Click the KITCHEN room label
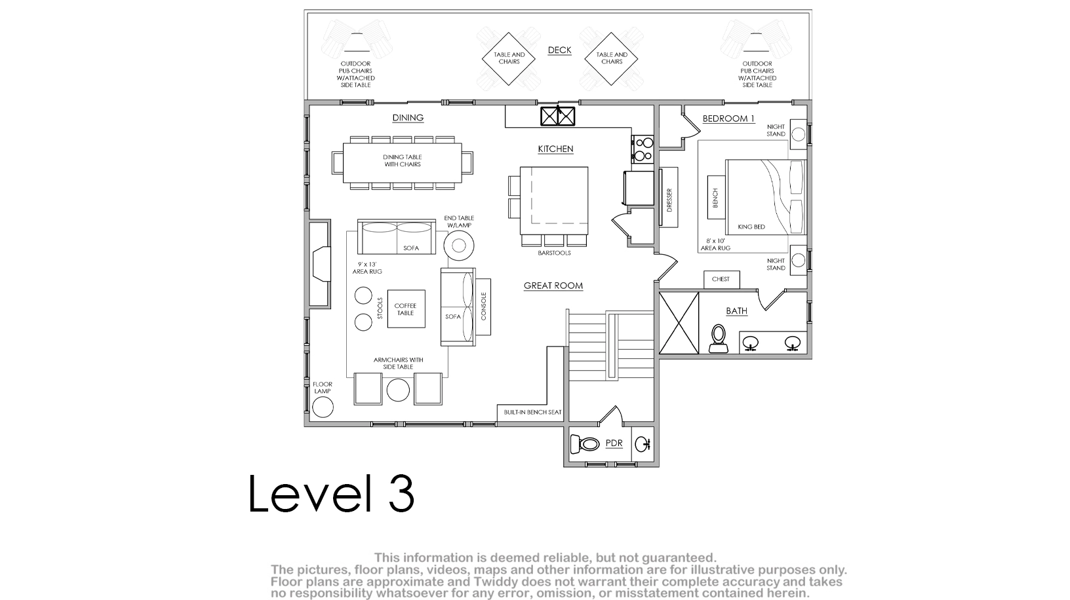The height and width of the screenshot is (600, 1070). pyautogui.click(x=555, y=149)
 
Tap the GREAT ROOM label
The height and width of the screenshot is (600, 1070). pyautogui.click(x=553, y=286)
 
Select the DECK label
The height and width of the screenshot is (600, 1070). pyautogui.click(x=559, y=50)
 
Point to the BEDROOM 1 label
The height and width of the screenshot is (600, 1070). pyautogui.click(x=728, y=119)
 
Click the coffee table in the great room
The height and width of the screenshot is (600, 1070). pyautogui.click(x=406, y=309)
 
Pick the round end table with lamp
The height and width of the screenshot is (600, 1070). pyautogui.click(x=458, y=246)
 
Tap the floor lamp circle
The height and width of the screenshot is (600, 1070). pyautogui.click(x=323, y=407)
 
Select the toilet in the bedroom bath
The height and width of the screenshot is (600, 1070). pyautogui.click(x=718, y=339)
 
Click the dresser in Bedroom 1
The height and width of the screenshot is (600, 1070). pyautogui.click(x=669, y=197)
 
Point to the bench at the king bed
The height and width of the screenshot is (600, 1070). pyautogui.click(x=715, y=197)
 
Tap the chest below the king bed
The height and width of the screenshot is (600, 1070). pyautogui.click(x=721, y=280)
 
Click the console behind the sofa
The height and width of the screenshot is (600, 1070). pyautogui.click(x=483, y=307)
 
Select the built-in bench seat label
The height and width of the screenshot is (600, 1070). pyautogui.click(x=532, y=413)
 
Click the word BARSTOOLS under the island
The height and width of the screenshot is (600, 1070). pyautogui.click(x=554, y=253)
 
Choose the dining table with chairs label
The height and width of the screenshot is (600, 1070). pyautogui.click(x=402, y=161)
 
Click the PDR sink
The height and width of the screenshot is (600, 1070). pyautogui.click(x=643, y=444)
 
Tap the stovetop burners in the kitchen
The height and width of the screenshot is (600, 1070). pyautogui.click(x=643, y=149)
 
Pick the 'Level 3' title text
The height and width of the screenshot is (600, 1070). pyautogui.click(x=331, y=494)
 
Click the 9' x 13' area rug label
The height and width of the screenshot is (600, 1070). pyautogui.click(x=367, y=268)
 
